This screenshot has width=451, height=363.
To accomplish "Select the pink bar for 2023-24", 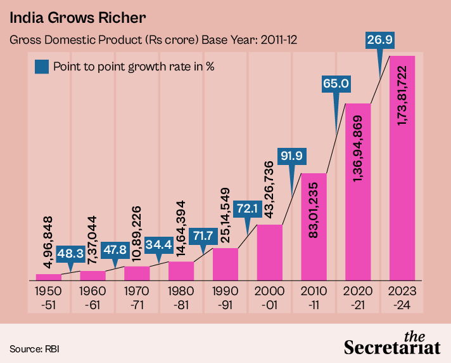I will pos(402,190).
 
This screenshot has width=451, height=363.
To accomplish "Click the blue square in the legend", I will pos(42,66).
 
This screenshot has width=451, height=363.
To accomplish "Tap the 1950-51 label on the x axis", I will pos(49,297).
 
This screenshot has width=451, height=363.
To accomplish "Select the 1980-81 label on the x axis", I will pos(181,297).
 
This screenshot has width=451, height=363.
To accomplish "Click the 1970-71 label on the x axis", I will pos(137,297).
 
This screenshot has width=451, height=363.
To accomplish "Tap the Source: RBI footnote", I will pos(35,348).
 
